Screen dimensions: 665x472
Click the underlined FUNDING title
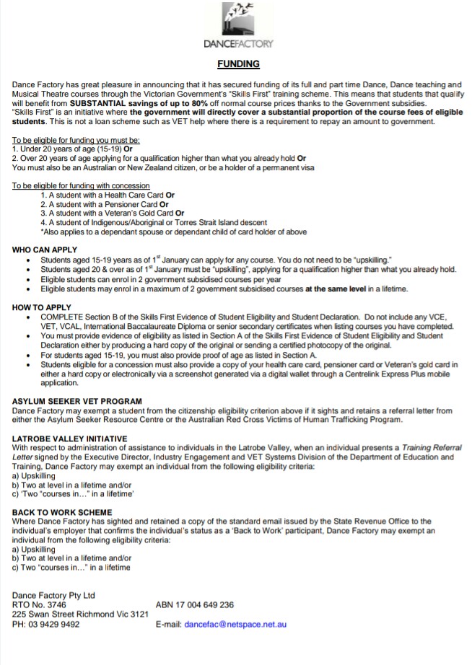point(239,64)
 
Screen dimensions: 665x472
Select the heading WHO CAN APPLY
point(45,250)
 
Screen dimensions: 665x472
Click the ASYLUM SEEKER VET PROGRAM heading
point(77,401)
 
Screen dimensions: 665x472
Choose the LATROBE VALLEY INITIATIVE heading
point(70,439)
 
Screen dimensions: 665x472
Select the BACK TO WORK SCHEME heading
point(62,511)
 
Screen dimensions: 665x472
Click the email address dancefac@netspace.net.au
point(235,624)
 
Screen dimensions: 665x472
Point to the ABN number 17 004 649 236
point(195,604)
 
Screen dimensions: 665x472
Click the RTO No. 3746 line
point(39,604)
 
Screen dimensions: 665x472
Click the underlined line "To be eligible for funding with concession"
point(81,186)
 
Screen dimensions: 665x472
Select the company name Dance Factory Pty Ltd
point(53,595)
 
